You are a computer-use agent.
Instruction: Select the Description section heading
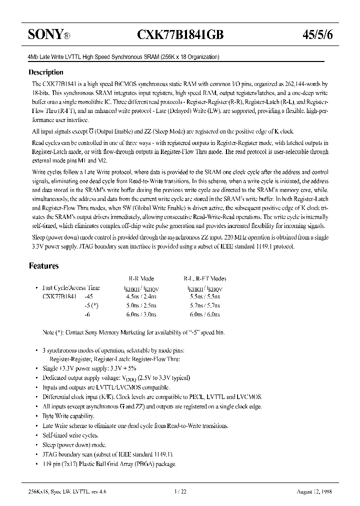point(46,72)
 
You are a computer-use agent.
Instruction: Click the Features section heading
point(44,266)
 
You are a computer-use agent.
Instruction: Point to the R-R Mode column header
point(142,279)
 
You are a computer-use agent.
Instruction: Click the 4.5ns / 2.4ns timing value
point(142,296)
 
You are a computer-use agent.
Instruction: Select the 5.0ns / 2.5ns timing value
point(142,305)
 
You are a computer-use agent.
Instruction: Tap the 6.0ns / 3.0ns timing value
point(142,314)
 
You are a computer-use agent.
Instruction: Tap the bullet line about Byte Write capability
point(68,416)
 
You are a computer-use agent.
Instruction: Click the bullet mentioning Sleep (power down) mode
point(74,444)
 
